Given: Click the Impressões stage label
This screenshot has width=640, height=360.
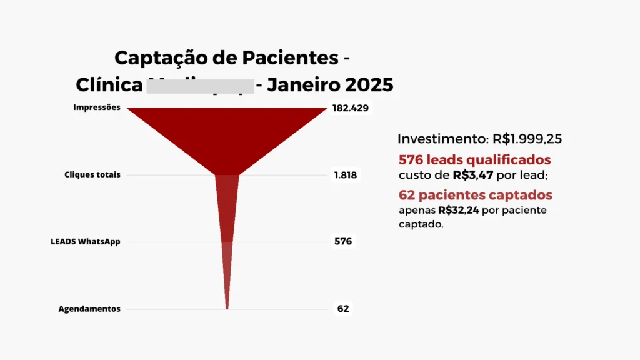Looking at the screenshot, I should coord(96,107).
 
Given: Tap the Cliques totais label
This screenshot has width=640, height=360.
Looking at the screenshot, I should coord(92,175).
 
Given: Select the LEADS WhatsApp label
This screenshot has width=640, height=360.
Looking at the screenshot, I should coord(86,242).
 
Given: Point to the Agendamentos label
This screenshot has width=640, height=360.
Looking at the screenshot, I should coord(89,309).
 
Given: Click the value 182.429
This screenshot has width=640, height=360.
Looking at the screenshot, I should coord(350,108).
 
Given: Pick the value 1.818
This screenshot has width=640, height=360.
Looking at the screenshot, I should coord(345,175).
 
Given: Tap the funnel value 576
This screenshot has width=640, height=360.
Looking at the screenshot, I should coord(343,242).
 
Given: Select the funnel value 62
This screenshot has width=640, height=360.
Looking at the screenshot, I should coord(343,309).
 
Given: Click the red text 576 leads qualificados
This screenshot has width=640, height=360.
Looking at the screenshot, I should coord(475,159).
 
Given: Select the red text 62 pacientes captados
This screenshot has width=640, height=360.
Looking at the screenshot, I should coord(476,194).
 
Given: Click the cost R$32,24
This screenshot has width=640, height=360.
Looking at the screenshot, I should coord(459,210).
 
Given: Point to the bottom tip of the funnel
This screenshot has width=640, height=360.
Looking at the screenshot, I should coord(227,307).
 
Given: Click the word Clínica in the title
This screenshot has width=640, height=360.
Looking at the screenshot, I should coord(109,84).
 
